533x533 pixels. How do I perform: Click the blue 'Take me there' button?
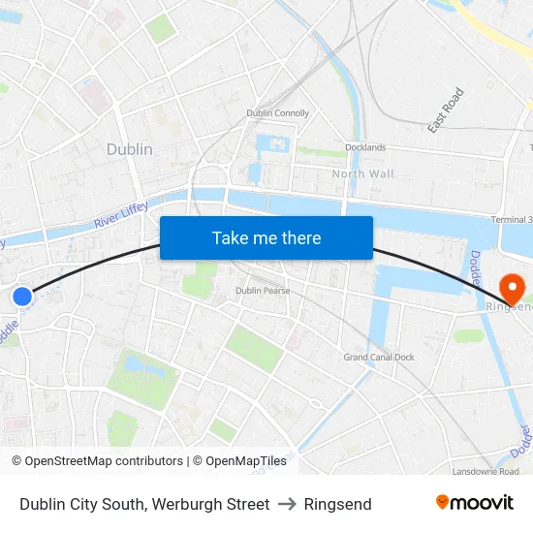click(x=266, y=237)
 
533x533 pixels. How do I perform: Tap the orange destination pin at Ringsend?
click(x=511, y=288)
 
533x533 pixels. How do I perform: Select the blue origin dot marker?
click(x=22, y=297)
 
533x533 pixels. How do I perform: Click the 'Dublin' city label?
click(x=129, y=149)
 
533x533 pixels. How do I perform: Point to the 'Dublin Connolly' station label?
click(x=278, y=113)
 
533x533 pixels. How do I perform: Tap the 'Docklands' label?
click(x=365, y=148)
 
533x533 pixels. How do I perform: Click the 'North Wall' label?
click(x=363, y=173)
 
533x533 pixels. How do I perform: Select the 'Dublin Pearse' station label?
click(x=263, y=291)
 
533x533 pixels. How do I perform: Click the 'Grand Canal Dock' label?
click(x=379, y=358)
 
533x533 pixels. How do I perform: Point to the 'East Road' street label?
click(x=446, y=110)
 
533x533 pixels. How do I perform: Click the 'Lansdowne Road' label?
click(x=486, y=471)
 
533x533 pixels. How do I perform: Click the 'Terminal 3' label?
click(x=512, y=220)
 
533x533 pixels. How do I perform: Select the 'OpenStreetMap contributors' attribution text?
click(x=104, y=461)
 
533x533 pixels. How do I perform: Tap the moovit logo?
click(x=475, y=503)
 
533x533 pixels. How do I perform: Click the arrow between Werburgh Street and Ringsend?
click(x=287, y=504)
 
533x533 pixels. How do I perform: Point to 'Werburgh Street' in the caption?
click(x=212, y=504)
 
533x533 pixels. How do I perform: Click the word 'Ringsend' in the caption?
click(x=337, y=504)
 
